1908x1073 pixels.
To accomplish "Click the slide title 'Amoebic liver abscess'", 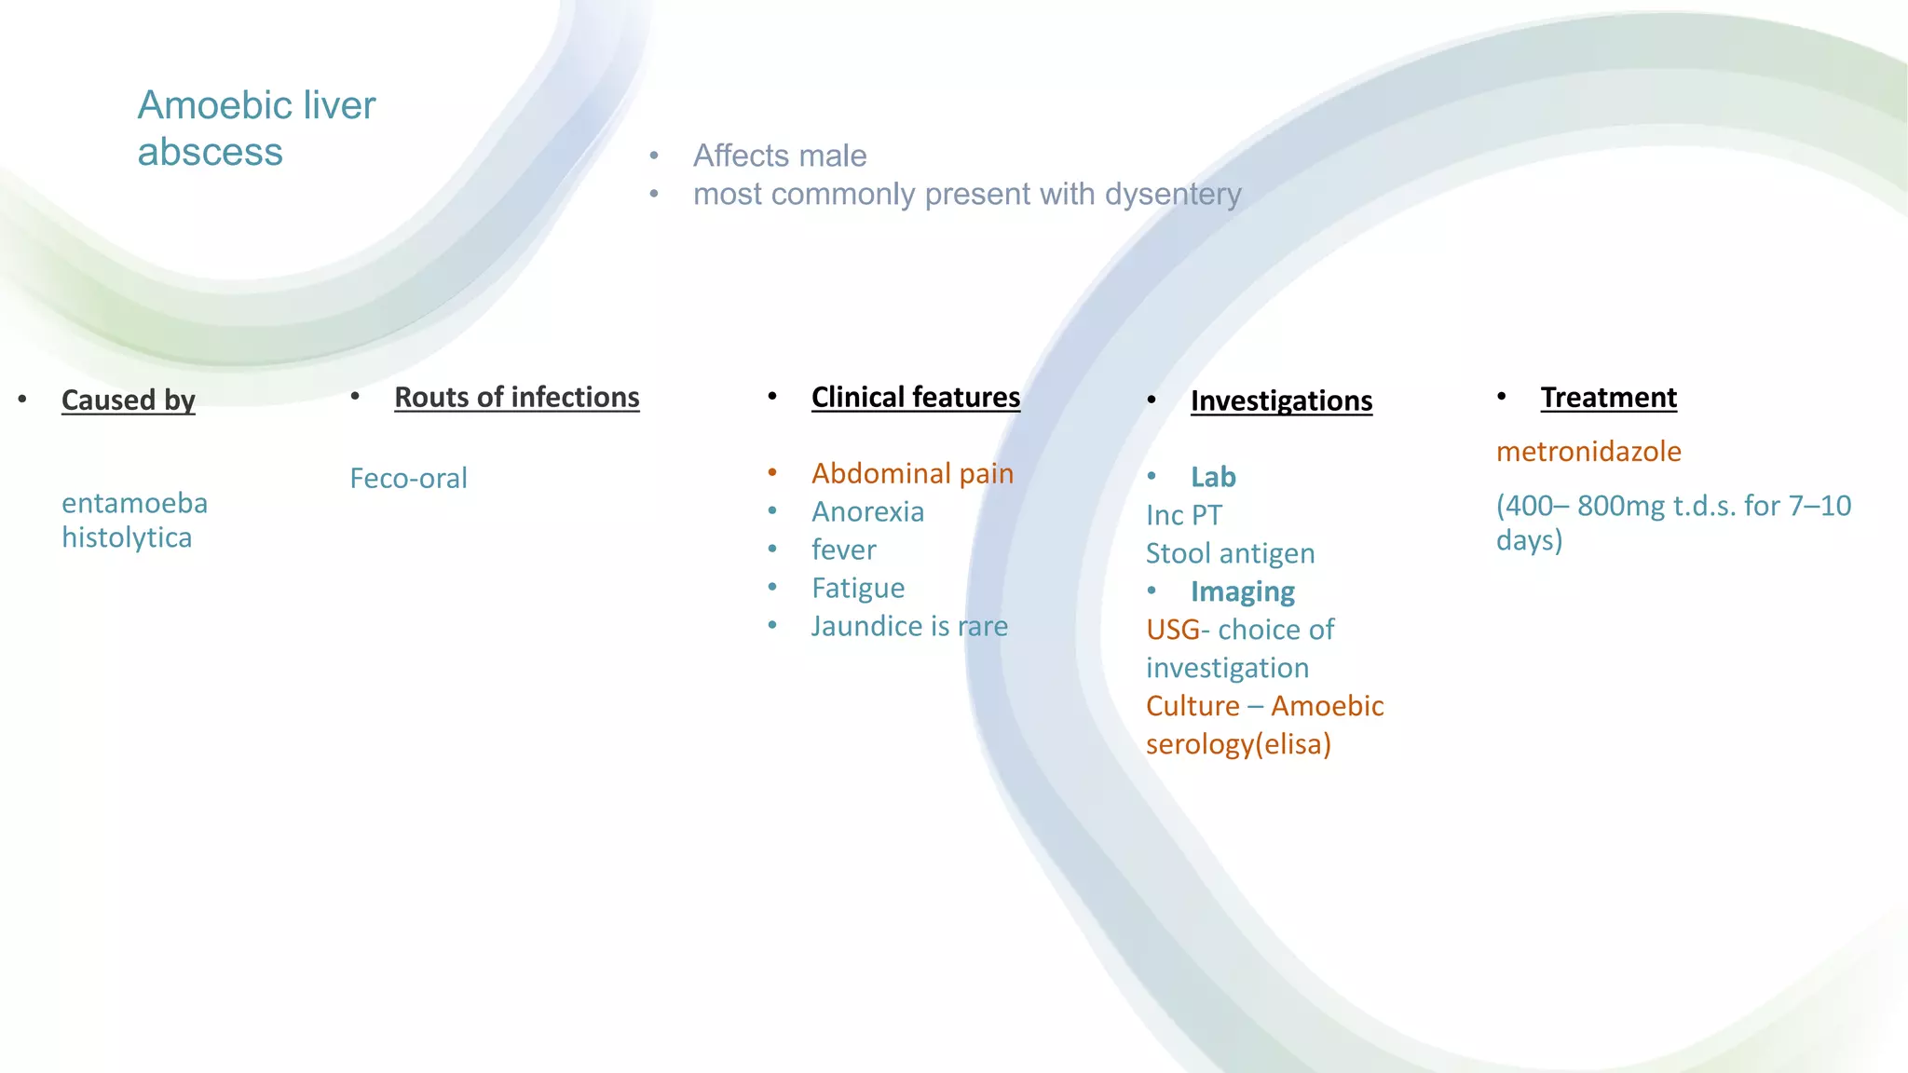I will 256,128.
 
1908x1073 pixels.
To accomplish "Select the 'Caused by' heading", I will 129,400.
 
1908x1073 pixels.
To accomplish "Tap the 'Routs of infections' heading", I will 516,397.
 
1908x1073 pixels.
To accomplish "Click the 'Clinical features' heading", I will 915,397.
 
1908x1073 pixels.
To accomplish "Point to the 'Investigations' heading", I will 1281,401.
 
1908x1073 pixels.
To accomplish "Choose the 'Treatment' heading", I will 1608,397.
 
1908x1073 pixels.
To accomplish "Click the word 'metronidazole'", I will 1588,452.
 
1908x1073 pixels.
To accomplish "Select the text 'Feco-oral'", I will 408,478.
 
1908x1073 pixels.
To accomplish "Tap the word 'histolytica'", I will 127,537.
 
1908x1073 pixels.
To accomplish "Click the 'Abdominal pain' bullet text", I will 912,473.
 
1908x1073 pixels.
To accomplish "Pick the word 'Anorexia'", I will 867,511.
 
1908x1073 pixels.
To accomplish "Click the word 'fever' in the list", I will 843,550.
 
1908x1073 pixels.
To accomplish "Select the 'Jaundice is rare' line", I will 909,626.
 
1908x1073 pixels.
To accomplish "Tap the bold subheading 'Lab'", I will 1213,477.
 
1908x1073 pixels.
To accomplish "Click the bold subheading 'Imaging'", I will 1242,591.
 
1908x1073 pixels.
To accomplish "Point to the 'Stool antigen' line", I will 1230,553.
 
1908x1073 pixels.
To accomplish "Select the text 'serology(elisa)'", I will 1238,744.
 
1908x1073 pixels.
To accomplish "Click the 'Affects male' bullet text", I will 780,156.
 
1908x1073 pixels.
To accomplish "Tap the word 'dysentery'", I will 1173,194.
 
